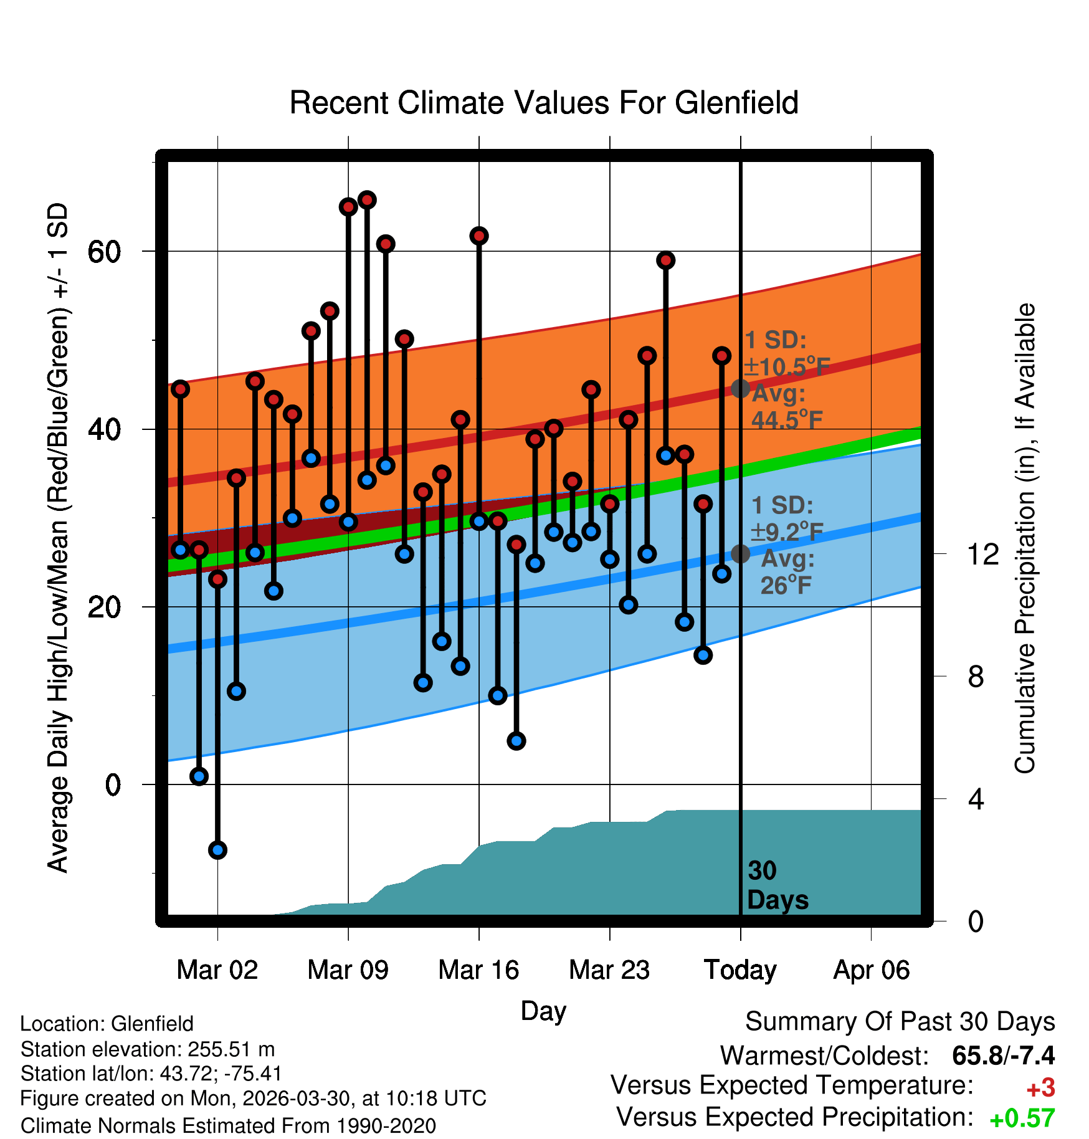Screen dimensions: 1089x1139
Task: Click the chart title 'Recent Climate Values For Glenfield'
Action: coord(544,103)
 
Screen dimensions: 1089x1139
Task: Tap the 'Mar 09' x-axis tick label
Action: coord(348,970)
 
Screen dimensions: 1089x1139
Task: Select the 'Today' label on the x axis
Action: coord(740,970)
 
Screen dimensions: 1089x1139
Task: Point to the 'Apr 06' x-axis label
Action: coord(872,970)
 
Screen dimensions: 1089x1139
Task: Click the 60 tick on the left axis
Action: coord(104,252)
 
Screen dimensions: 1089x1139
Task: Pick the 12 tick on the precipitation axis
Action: coord(983,554)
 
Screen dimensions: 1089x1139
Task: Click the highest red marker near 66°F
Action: coord(367,200)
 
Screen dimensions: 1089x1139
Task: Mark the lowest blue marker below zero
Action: coord(217,850)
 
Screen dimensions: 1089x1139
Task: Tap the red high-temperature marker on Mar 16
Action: coord(479,236)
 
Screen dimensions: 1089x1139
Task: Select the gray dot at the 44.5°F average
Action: coord(740,388)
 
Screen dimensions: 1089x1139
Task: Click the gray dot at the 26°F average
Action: coord(740,553)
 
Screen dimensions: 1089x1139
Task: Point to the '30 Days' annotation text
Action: coord(778,885)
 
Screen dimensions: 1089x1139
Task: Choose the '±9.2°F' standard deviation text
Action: coord(787,531)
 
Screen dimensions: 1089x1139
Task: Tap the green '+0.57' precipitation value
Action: coord(1022,1118)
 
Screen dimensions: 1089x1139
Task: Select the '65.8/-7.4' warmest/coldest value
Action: coord(1004,1056)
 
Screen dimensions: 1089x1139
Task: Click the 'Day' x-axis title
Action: coord(543,1011)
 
